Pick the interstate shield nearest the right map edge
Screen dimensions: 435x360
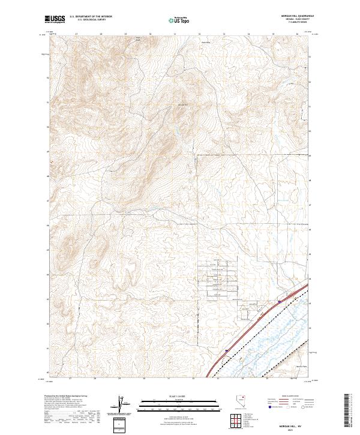(280, 302)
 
